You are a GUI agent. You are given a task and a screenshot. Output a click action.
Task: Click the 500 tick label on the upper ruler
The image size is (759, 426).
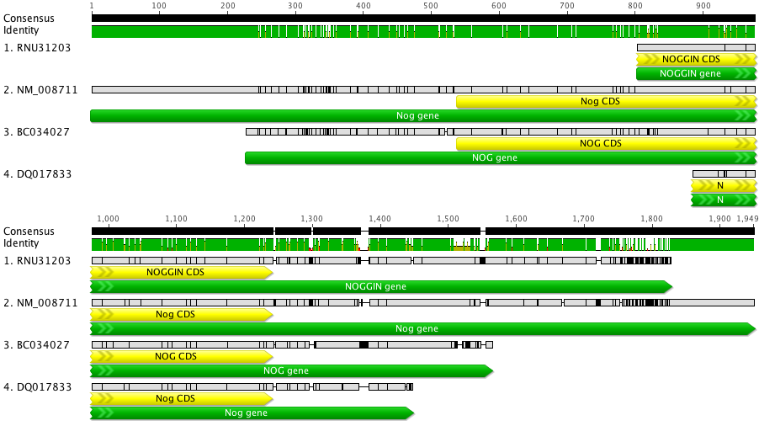pyautogui.click(x=431, y=5)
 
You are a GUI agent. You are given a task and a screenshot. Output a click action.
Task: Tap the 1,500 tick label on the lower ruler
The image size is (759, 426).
pyautogui.click(x=448, y=218)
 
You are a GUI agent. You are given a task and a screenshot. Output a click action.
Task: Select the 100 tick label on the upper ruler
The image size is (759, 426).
pyautogui.click(x=159, y=5)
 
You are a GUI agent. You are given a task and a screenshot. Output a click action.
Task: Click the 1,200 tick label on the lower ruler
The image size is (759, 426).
pyautogui.click(x=244, y=218)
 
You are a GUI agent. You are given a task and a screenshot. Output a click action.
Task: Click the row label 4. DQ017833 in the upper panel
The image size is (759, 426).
pyautogui.click(x=37, y=174)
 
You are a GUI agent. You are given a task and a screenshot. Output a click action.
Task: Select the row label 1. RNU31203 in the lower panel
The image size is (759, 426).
pyautogui.click(x=37, y=260)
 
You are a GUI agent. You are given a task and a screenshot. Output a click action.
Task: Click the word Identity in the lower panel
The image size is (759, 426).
pyautogui.click(x=20, y=242)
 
